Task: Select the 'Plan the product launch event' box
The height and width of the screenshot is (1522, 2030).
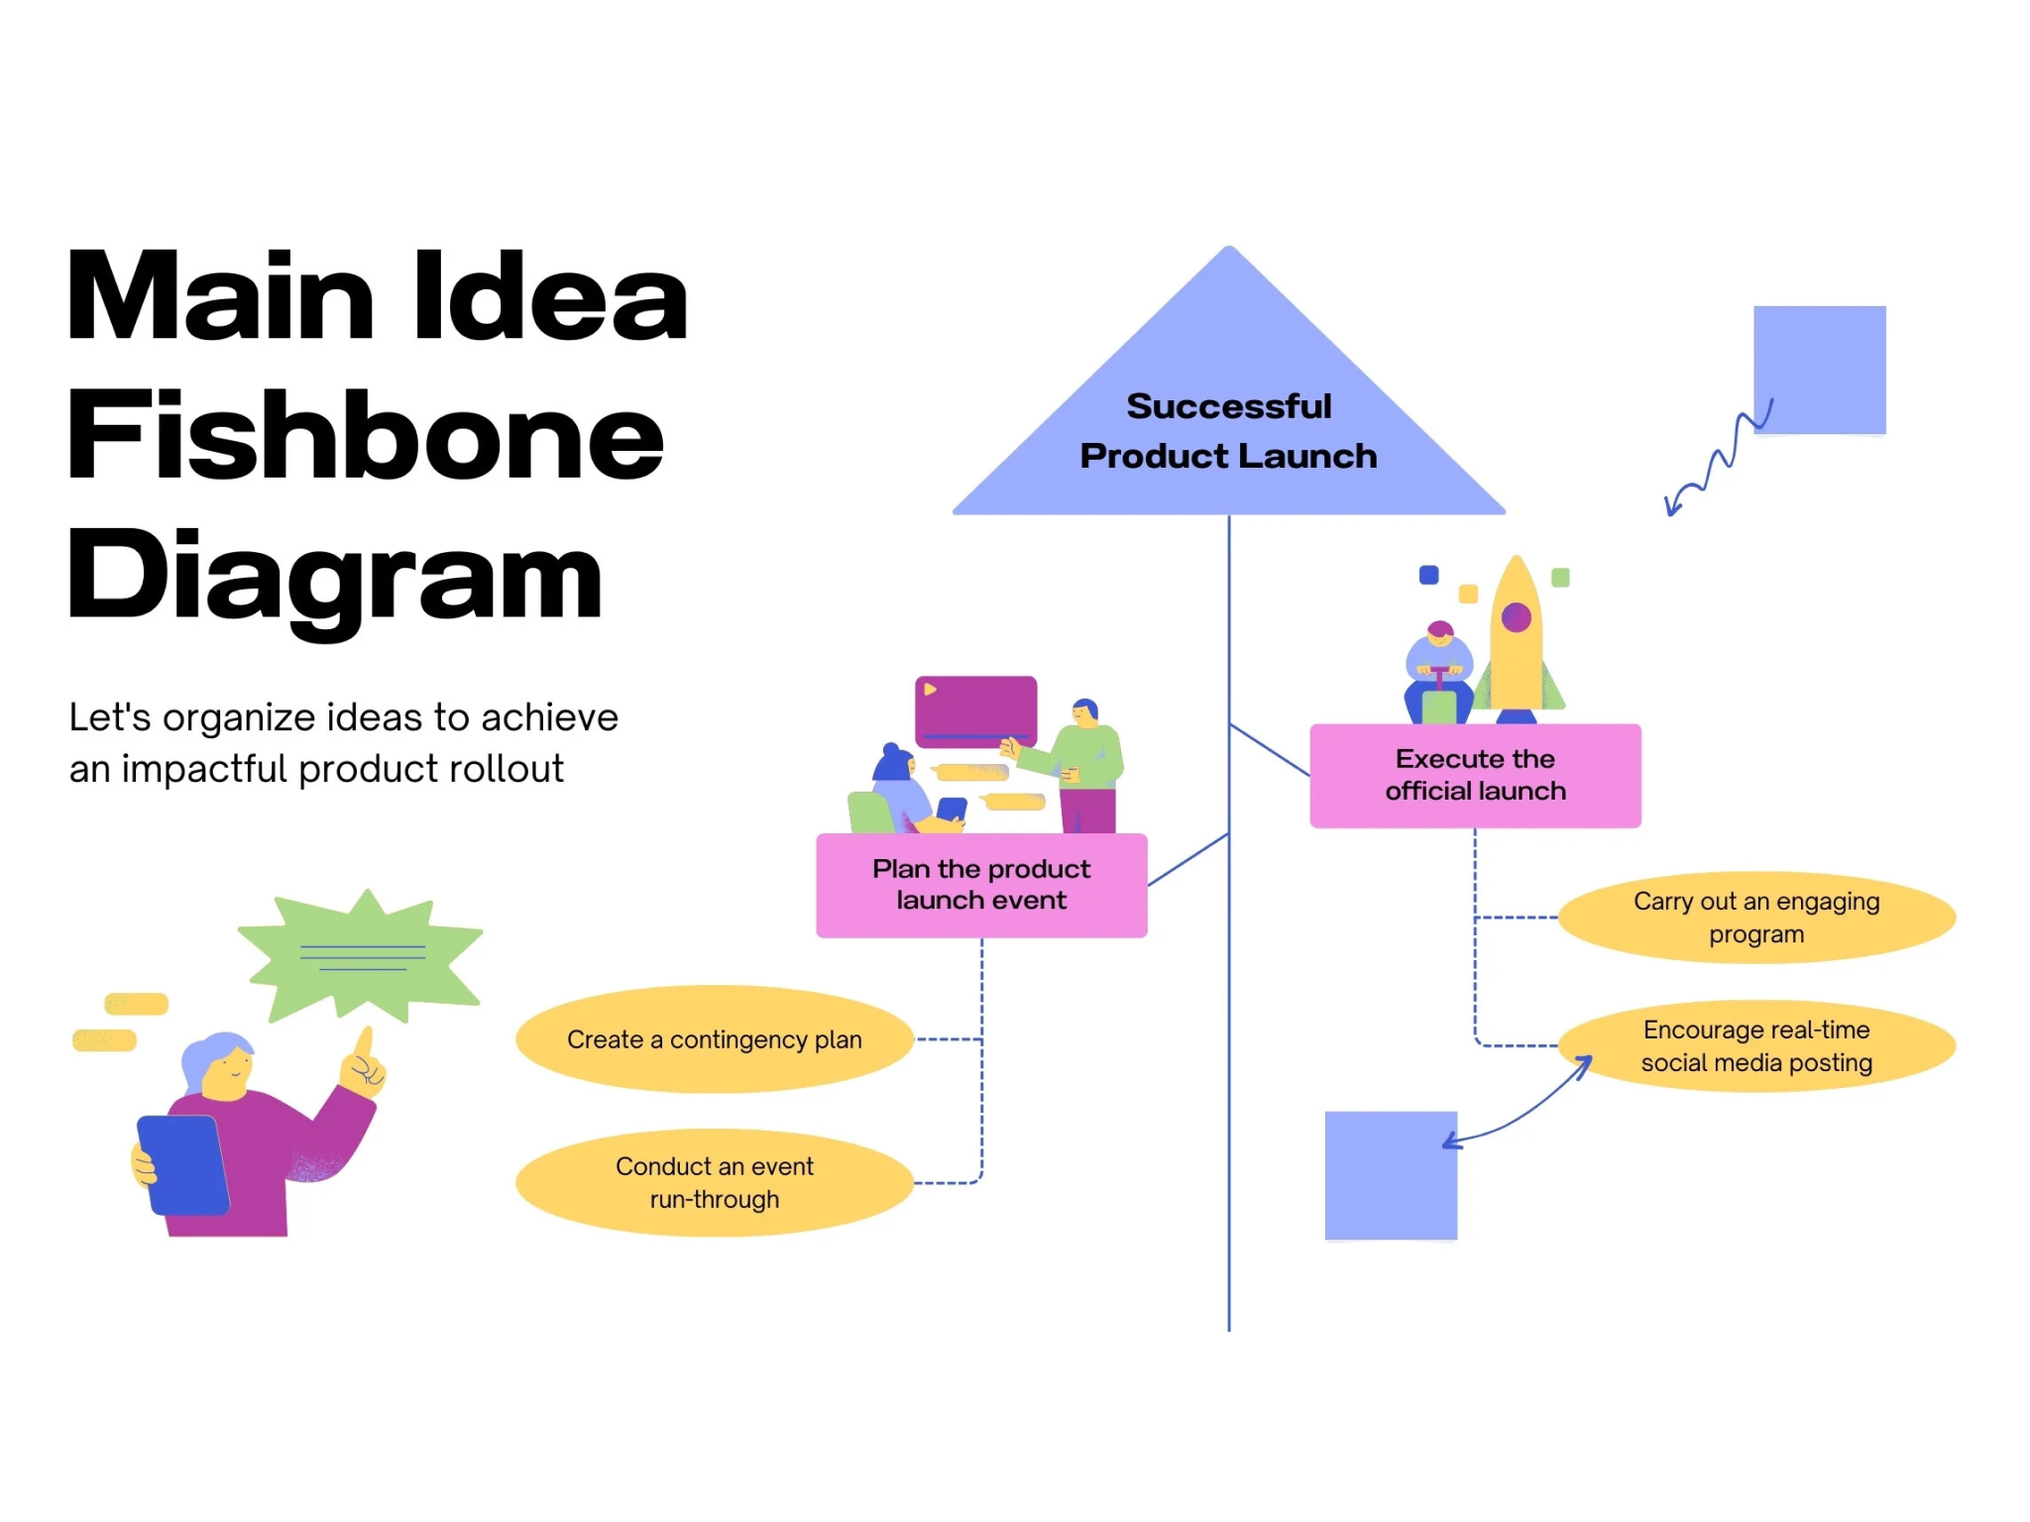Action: click(x=981, y=885)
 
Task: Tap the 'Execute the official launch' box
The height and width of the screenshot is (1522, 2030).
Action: click(x=1475, y=775)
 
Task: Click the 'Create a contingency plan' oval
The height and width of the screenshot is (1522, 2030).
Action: click(x=714, y=1039)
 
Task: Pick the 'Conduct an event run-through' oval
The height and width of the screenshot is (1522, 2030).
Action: click(x=714, y=1182)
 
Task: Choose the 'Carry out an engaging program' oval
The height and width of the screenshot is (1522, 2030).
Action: click(x=1756, y=918)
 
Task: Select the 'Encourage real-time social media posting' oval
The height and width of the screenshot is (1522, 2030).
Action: click(x=1756, y=1045)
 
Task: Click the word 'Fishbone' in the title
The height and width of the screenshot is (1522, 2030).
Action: click(x=365, y=435)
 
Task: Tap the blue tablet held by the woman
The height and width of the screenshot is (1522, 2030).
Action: click(x=183, y=1165)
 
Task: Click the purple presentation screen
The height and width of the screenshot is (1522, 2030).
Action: click(x=975, y=710)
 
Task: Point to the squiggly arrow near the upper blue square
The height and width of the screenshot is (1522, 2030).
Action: click(x=1718, y=459)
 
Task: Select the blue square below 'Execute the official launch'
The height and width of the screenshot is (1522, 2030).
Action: click(x=1391, y=1175)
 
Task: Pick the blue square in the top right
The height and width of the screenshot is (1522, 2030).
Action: click(x=1819, y=370)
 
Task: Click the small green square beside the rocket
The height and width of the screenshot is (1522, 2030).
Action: click(x=1560, y=577)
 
